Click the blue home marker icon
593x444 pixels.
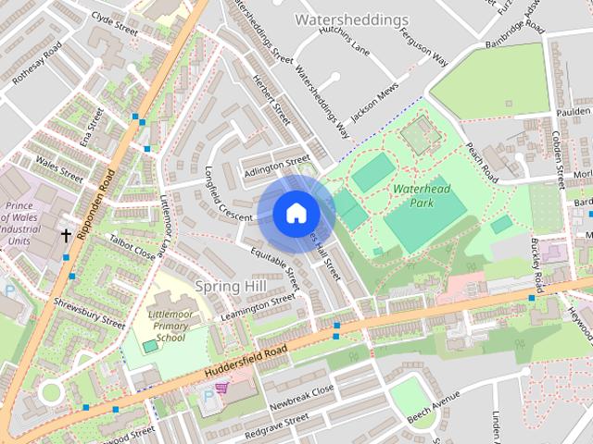295,213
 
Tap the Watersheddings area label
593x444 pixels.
351,19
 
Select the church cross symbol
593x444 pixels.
66,236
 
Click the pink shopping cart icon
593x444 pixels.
221,388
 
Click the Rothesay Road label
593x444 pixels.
37,64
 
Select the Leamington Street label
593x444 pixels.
259,308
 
